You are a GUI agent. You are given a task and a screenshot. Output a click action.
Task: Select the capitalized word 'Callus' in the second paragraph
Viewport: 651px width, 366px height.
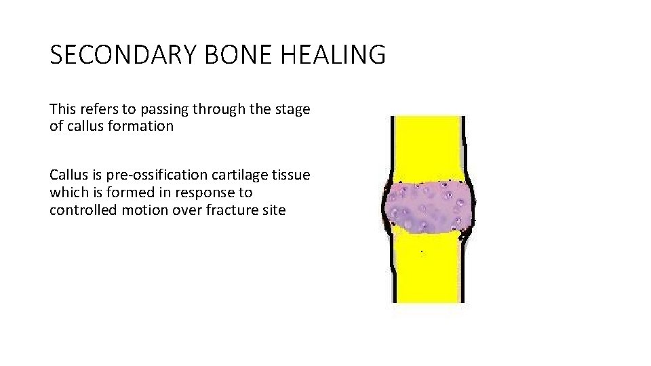tap(66, 176)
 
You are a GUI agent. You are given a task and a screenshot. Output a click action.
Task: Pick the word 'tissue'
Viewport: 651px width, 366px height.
tap(292, 176)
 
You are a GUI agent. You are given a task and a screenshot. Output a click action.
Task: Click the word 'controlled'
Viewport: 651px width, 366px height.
tap(80, 210)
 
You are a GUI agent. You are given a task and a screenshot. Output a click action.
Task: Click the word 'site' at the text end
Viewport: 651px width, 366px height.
tap(274, 210)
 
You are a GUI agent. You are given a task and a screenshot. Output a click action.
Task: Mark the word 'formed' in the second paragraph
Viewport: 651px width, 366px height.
tap(121, 193)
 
